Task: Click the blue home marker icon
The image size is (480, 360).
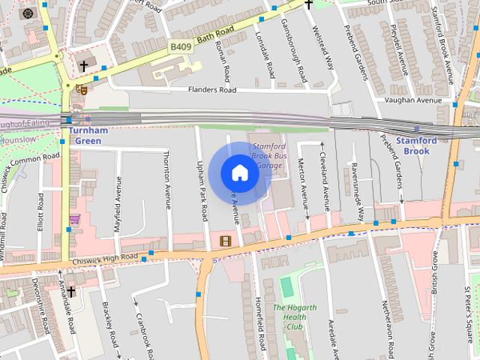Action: [x=239, y=173]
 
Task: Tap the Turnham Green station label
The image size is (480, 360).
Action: [x=88, y=135]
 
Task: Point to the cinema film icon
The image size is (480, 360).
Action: [x=226, y=240]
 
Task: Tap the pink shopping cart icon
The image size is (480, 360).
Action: [x=74, y=219]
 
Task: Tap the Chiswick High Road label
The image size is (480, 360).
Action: [x=108, y=259]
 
